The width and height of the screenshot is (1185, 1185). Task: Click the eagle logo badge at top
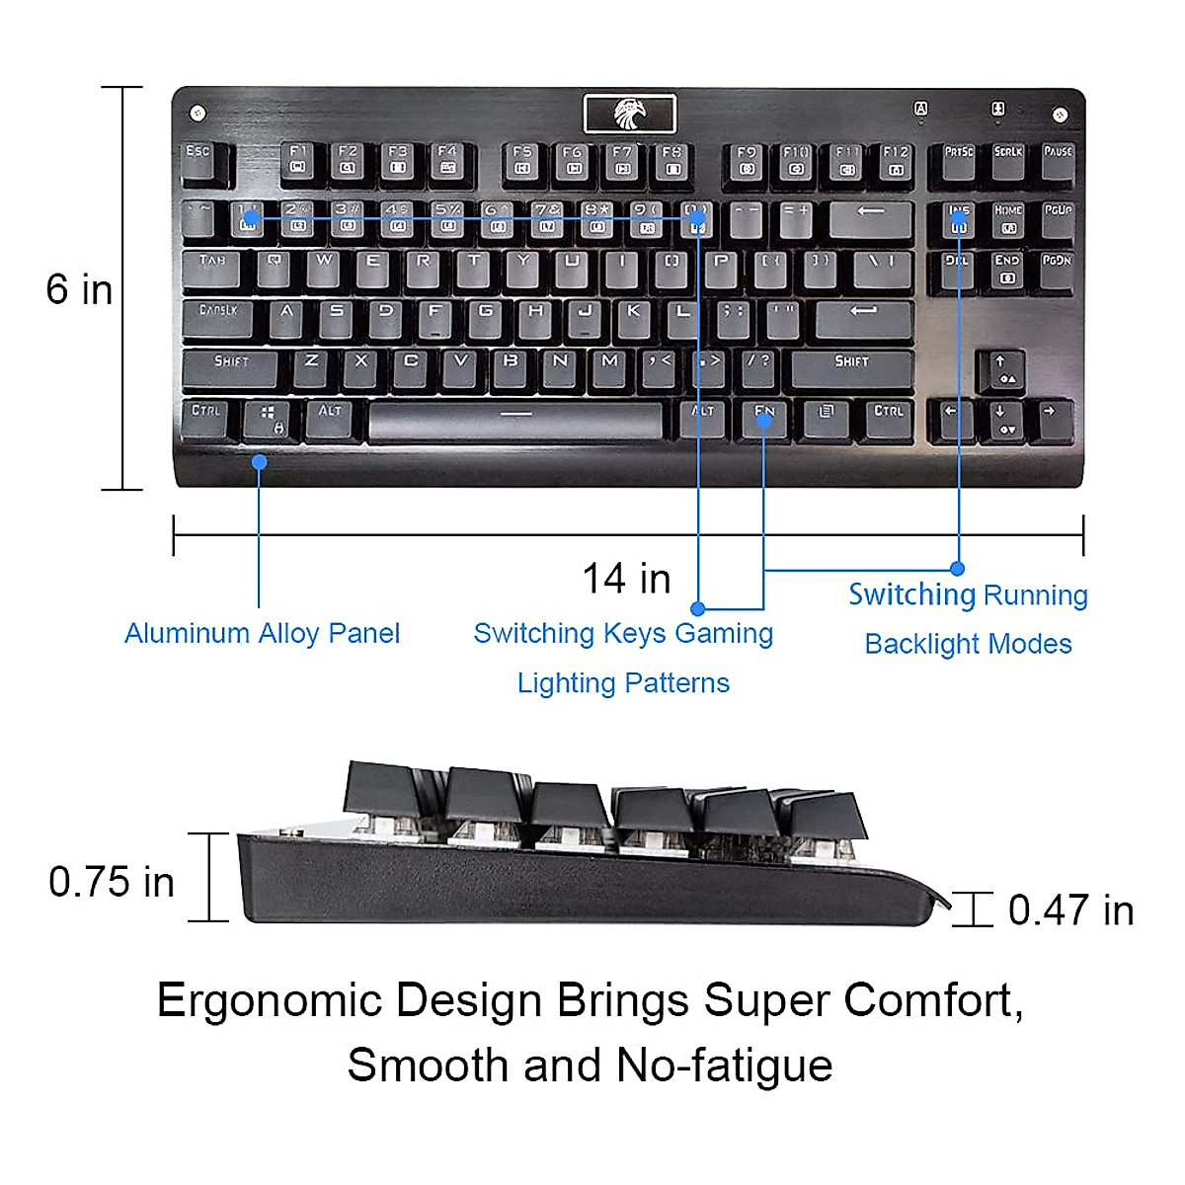coord(629,114)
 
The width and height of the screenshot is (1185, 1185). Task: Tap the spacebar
coord(514,419)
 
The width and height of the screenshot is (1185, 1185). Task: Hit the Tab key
coord(215,268)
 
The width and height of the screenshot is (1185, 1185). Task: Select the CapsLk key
coord(219,318)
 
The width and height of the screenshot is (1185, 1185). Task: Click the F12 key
coord(896,161)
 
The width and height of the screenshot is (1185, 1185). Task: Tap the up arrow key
coord(1000,369)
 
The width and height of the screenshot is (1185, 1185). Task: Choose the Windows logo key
coord(268,418)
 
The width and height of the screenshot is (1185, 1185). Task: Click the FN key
coord(764,418)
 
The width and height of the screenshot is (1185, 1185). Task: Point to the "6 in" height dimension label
coord(79,289)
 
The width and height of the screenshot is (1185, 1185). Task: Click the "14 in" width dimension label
coord(626,579)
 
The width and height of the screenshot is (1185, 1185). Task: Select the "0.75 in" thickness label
coord(112,882)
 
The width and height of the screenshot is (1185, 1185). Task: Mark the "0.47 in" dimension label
coord(1070,910)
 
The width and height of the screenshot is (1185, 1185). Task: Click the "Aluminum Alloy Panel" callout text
coord(262,633)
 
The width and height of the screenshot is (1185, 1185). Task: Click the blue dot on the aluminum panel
coord(259,461)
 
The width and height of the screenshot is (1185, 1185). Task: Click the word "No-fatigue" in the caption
coord(724,1066)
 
